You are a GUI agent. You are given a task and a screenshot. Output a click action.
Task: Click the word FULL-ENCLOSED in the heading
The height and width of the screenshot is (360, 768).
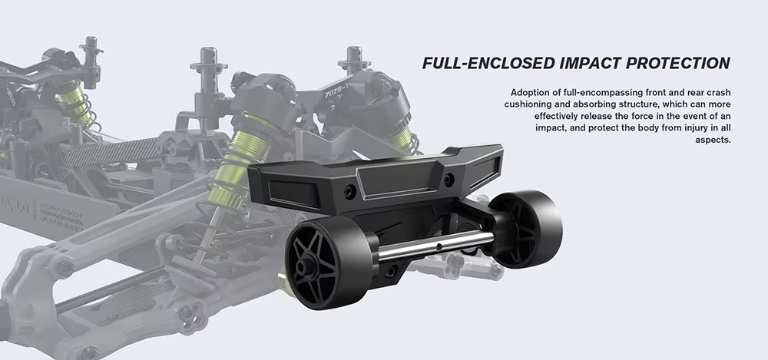click(x=488, y=63)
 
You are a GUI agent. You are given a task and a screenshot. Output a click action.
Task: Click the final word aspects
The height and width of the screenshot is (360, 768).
click(x=713, y=140)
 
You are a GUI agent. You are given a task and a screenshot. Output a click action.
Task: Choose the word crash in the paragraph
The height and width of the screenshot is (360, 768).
click(x=719, y=93)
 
